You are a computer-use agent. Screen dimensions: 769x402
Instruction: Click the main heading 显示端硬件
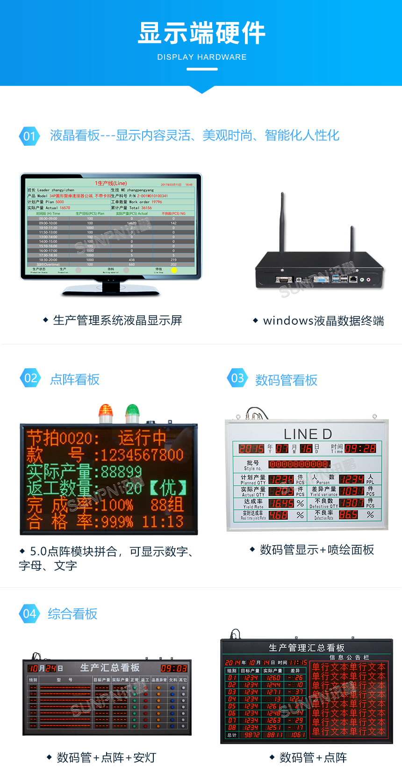point(201,34)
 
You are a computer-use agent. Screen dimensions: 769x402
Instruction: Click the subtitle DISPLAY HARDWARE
point(201,57)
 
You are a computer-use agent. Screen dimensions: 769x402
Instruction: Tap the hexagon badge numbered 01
point(29,136)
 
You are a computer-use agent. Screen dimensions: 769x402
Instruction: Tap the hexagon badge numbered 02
point(30,378)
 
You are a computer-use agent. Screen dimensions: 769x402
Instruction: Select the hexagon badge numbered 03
point(237,378)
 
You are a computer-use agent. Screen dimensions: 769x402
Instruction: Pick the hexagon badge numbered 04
point(29,613)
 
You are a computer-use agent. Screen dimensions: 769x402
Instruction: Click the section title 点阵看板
point(75,379)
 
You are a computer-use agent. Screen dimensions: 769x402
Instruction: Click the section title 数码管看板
point(286,380)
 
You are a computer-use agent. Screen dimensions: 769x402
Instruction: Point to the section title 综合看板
point(72,614)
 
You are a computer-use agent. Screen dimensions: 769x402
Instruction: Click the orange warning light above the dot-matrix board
point(106,413)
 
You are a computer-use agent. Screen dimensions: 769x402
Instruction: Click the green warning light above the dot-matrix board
point(132,413)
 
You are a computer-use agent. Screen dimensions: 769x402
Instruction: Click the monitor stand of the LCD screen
point(111,288)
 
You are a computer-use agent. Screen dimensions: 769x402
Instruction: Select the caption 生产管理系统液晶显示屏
point(117,320)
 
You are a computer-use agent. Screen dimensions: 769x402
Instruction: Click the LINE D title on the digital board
point(308,434)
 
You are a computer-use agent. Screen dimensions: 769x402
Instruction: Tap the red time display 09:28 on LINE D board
point(360,449)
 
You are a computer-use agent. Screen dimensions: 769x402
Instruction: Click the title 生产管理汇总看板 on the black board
point(307,648)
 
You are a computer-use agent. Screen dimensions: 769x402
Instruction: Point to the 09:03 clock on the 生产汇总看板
point(174,669)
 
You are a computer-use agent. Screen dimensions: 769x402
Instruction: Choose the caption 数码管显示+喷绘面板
point(316,550)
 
